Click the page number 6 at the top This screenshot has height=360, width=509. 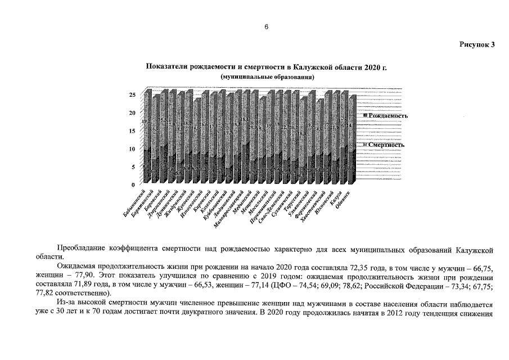coord(266,26)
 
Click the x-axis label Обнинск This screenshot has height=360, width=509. coord(344,199)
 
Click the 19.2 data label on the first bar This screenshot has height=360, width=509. coord(146,121)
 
